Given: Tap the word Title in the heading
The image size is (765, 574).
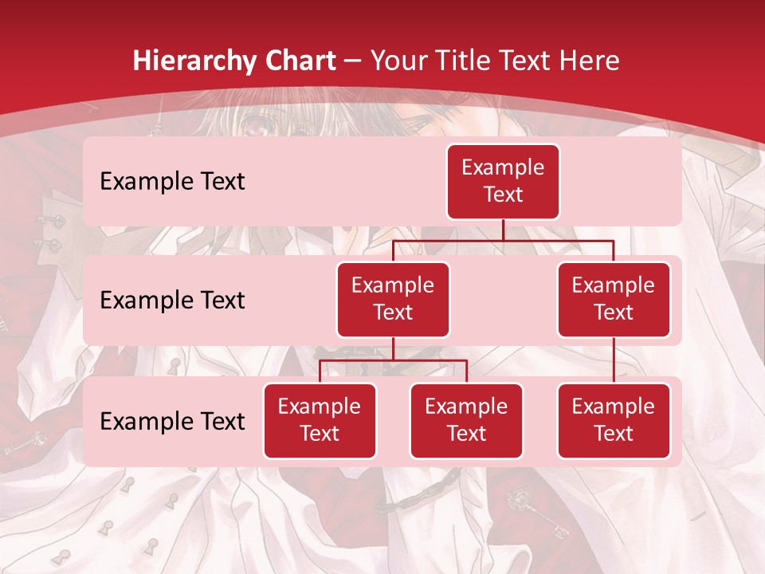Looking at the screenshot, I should (473, 61).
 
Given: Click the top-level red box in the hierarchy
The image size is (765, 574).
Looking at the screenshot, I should (503, 181).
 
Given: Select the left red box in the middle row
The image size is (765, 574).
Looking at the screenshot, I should (393, 299).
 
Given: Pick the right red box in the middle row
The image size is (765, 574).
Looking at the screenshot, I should (614, 299).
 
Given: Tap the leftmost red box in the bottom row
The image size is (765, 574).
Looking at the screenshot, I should (320, 420).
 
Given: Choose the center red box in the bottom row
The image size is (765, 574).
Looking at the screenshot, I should (466, 420).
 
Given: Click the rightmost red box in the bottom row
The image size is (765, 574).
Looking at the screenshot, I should (614, 420).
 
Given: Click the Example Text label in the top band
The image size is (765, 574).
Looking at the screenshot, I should (172, 181).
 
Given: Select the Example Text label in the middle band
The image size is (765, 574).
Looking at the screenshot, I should (172, 300).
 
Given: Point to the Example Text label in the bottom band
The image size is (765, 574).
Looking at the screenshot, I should (172, 421).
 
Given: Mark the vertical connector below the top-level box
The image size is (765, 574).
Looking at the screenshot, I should (503, 230).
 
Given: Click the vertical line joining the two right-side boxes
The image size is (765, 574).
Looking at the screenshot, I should (614, 360).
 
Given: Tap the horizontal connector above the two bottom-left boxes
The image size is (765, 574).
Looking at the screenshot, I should (393, 360).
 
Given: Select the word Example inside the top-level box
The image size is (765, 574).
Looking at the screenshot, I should (503, 167).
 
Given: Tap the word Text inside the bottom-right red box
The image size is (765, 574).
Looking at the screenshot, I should (614, 434).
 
